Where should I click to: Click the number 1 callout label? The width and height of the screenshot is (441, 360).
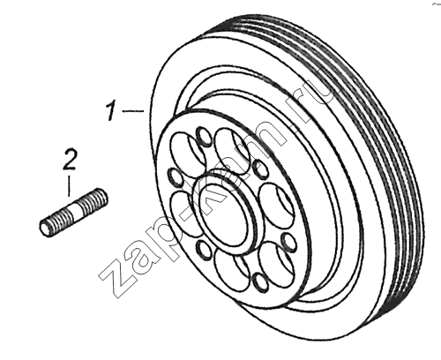click(111, 110)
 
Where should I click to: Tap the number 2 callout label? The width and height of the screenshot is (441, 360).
click(70, 160)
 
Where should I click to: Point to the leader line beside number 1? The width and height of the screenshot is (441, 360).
click(133, 111)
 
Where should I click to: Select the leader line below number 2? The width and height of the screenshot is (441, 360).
click(69, 186)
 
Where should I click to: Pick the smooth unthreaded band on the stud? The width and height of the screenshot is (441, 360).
click(76, 210)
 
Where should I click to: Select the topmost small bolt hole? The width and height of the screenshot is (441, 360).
click(204, 136)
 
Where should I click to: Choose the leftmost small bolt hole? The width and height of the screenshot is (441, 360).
click(176, 177)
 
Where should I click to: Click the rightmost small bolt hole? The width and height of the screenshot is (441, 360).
click(288, 241)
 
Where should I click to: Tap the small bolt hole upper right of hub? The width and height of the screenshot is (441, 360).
click(260, 169)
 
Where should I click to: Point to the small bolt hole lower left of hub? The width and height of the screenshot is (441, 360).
click(205, 251)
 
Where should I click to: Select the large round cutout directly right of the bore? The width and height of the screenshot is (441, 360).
click(276, 202)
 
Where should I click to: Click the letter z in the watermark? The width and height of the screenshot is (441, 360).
click(116, 281)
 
